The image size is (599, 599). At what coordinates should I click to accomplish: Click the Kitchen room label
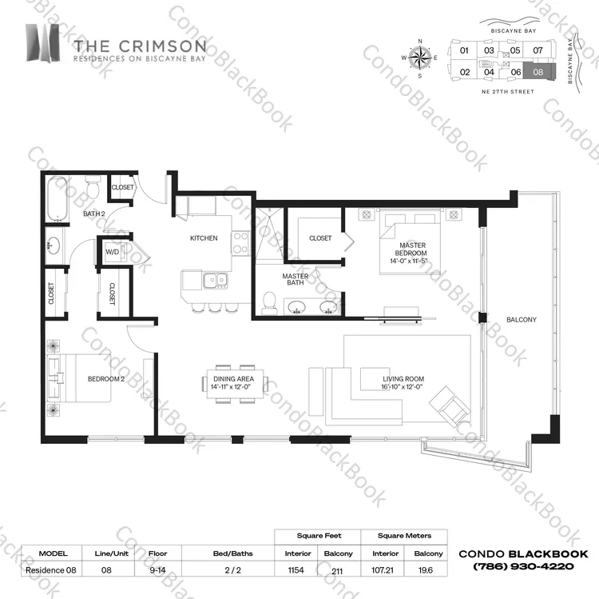tap(204, 238)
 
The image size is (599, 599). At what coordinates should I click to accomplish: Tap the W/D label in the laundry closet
tap(112, 252)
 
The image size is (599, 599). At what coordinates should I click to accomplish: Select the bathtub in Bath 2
tap(58, 199)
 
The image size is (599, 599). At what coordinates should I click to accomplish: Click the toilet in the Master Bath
tap(270, 303)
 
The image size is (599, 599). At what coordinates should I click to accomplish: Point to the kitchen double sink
tap(216, 280)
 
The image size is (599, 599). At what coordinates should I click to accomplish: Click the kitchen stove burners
tap(240, 243)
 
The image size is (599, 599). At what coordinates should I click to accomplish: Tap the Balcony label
tap(522, 319)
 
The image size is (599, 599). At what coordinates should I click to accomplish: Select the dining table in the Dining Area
tap(235, 383)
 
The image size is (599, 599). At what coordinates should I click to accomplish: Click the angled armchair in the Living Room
tap(450, 406)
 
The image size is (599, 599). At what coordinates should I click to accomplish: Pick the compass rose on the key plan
tap(420, 58)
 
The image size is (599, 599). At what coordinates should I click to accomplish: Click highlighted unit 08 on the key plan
tap(538, 72)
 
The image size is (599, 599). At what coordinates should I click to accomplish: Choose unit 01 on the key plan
tap(464, 50)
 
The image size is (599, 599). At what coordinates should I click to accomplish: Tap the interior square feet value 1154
tap(296, 570)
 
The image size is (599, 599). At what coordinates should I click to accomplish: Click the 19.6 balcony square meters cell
tap(426, 570)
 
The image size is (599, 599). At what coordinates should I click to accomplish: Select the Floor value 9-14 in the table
tap(158, 570)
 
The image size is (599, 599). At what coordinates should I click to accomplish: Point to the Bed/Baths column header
tap(233, 553)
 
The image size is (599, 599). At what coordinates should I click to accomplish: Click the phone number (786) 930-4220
tap(523, 566)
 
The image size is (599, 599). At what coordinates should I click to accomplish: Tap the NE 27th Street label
tap(508, 92)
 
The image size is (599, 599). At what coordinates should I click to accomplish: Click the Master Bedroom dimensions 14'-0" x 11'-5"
tap(408, 262)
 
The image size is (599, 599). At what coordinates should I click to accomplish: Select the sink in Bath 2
tap(53, 245)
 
